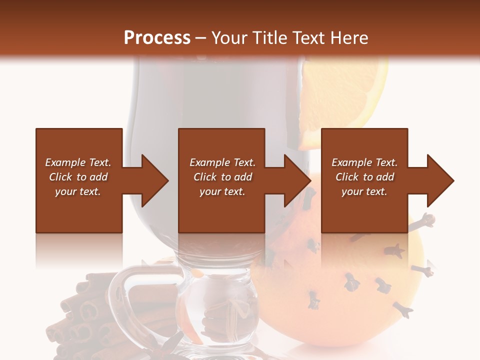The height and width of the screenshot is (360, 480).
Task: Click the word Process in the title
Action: (x=157, y=38)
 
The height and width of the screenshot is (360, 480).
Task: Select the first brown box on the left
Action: (x=79, y=180)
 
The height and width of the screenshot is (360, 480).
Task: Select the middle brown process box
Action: (x=221, y=180)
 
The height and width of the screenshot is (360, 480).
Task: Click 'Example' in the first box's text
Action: (x=65, y=162)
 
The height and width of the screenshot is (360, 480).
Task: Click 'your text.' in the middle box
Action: (x=222, y=191)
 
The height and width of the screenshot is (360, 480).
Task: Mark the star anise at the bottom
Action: (x=172, y=345)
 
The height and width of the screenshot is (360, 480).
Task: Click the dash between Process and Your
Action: (x=200, y=38)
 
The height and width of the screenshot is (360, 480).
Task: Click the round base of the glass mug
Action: (x=220, y=310)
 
